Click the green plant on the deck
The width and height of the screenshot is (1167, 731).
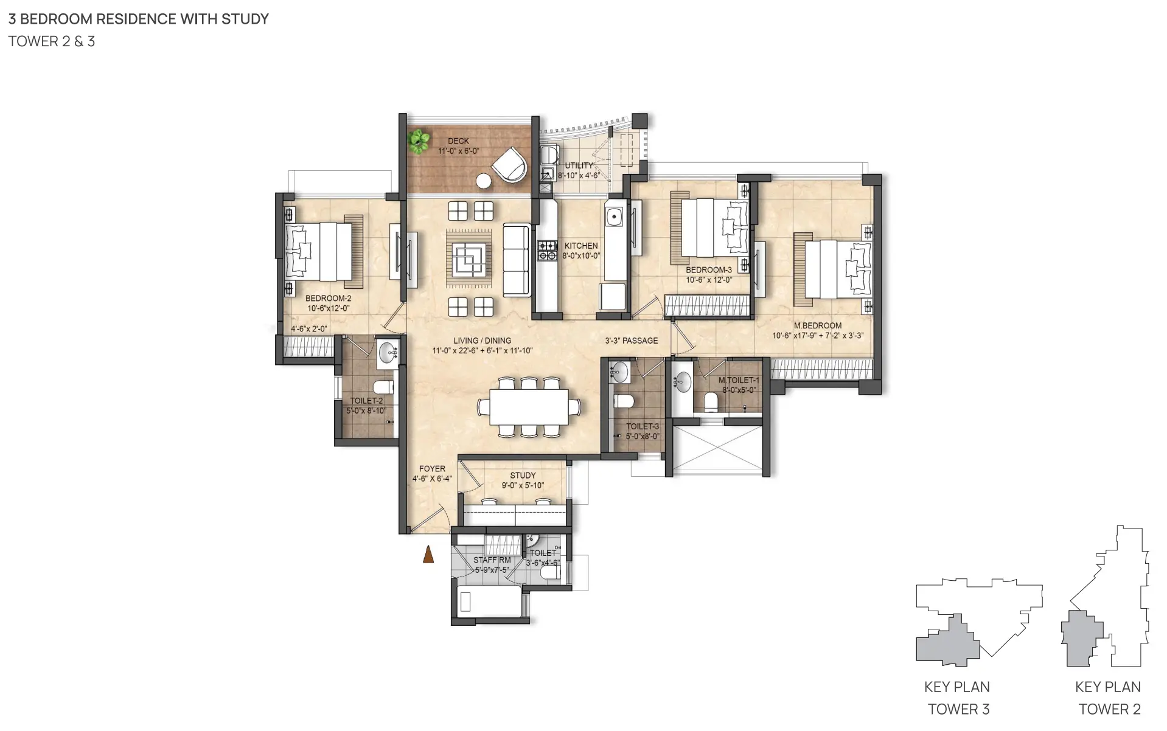[x=418, y=141]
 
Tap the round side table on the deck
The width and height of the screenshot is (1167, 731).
[x=484, y=181]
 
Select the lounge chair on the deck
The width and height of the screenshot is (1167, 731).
[x=509, y=165]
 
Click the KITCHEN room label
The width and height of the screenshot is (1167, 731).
[x=581, y=246]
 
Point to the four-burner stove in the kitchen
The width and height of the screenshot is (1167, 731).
[x=548, y=251]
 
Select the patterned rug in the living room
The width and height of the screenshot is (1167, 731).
[x=469, y=257]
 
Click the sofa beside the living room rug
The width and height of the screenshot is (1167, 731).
[x=517, y=260]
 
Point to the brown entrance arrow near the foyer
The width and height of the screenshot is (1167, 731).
[x=428, y=554]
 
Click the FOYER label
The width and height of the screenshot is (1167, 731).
[x=432, y=469]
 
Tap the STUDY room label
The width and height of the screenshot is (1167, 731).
[x=523, y=476]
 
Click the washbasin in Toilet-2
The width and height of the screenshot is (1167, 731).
[x=388, y=352]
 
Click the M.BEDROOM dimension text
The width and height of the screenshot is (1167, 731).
[x=818, y=336]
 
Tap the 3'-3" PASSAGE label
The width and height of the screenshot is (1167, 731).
[x=632, y=341]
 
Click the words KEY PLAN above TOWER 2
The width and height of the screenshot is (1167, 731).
[x=1108, y=687]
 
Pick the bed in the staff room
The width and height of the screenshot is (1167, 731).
[x=489, y=602]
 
